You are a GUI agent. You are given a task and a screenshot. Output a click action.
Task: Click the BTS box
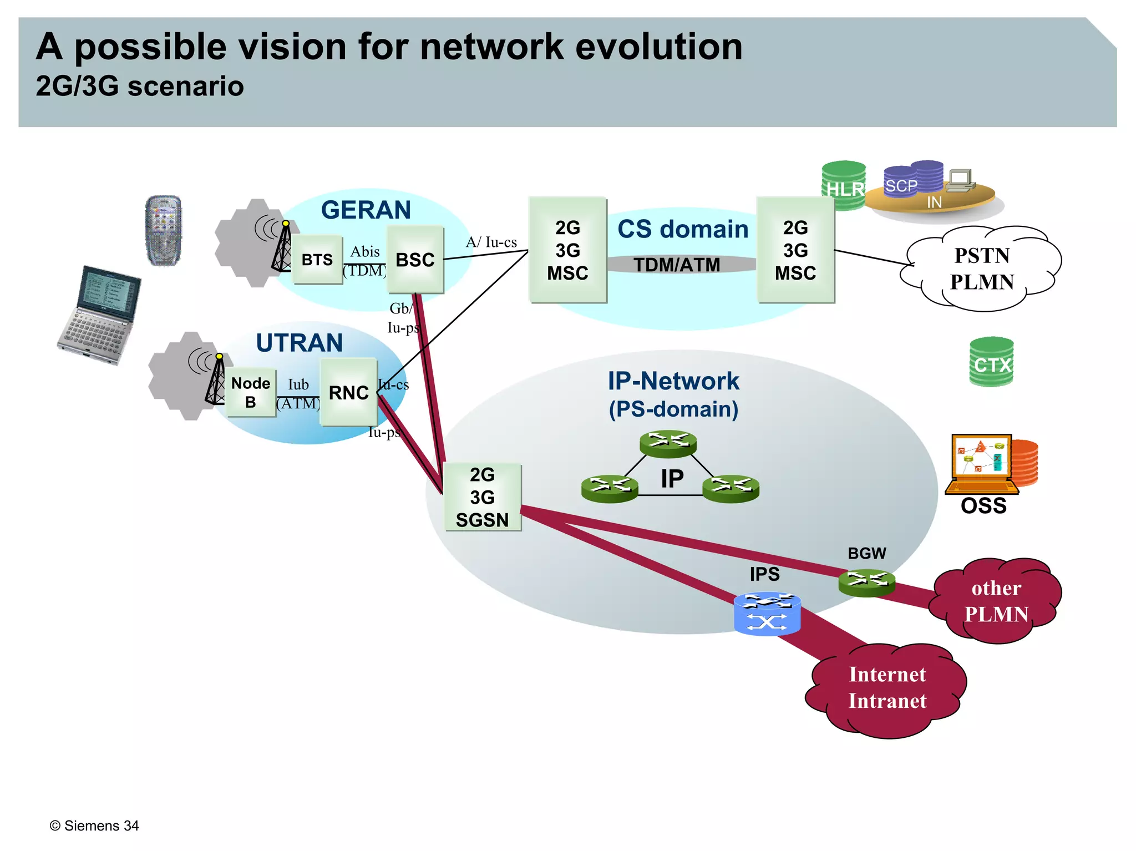[317, 260]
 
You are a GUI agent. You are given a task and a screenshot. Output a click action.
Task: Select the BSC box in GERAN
[415, 260]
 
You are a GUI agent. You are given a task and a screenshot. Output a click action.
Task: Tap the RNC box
[348, 392]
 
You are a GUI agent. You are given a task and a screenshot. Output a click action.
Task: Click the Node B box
[251, 392]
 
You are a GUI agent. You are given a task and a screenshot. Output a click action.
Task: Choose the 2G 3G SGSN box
[482, 498]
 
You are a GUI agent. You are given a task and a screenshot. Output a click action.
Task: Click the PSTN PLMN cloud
[982, 269]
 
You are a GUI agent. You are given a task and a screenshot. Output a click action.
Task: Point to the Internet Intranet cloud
[887, 688]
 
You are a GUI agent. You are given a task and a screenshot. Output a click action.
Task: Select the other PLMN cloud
[996, 601]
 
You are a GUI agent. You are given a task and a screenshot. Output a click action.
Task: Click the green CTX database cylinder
[991, 362]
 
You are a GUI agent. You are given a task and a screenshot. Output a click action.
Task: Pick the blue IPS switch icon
[767, 614]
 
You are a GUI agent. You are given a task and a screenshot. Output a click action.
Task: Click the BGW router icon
[866, 581]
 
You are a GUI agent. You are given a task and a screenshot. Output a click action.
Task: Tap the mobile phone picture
[163, 231]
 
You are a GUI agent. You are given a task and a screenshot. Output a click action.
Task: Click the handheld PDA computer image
[100, 315]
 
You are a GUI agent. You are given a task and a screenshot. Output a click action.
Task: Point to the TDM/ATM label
[677, 265]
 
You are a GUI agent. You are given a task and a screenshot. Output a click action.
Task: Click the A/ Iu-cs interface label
[491, 242]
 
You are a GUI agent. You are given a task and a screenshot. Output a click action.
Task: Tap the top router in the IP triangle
[668, 443]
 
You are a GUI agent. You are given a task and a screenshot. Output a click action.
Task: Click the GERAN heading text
[366, 210]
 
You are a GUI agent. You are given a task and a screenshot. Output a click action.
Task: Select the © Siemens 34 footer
[94, 825]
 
